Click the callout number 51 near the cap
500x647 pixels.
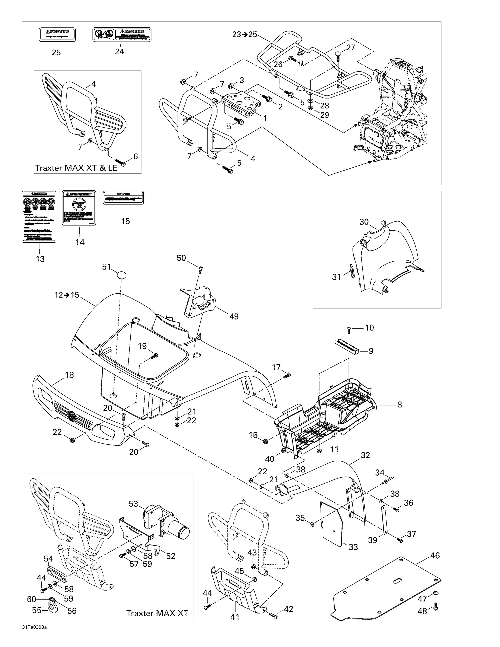pos(106,267)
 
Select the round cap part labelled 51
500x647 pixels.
pos(122,275)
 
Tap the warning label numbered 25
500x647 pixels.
pos(57,35)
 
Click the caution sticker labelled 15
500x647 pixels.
pos(123,197)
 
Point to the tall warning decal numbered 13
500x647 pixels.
pos(39,216)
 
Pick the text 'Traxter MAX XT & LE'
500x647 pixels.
pos(76,168)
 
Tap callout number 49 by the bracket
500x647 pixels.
pos(234,316)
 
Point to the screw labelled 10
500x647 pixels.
pos(349,329)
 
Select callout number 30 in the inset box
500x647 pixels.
pos(364,222)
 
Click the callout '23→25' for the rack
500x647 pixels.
pos(245,34)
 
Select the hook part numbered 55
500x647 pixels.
pos(53,610)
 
